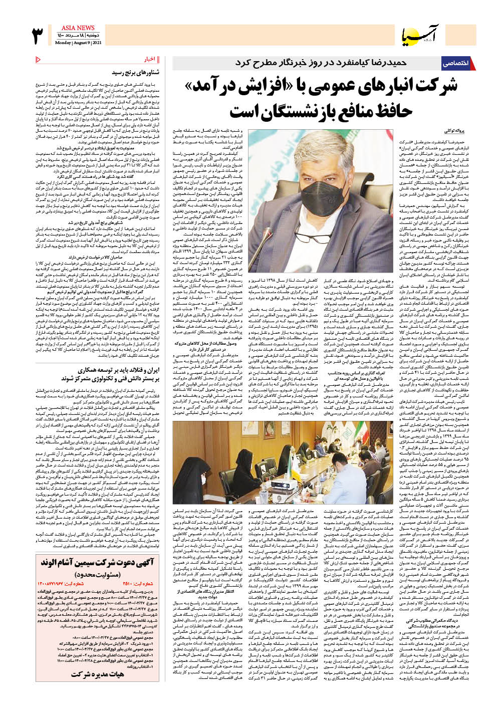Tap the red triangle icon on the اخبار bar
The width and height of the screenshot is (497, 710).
tap(39, 60)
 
